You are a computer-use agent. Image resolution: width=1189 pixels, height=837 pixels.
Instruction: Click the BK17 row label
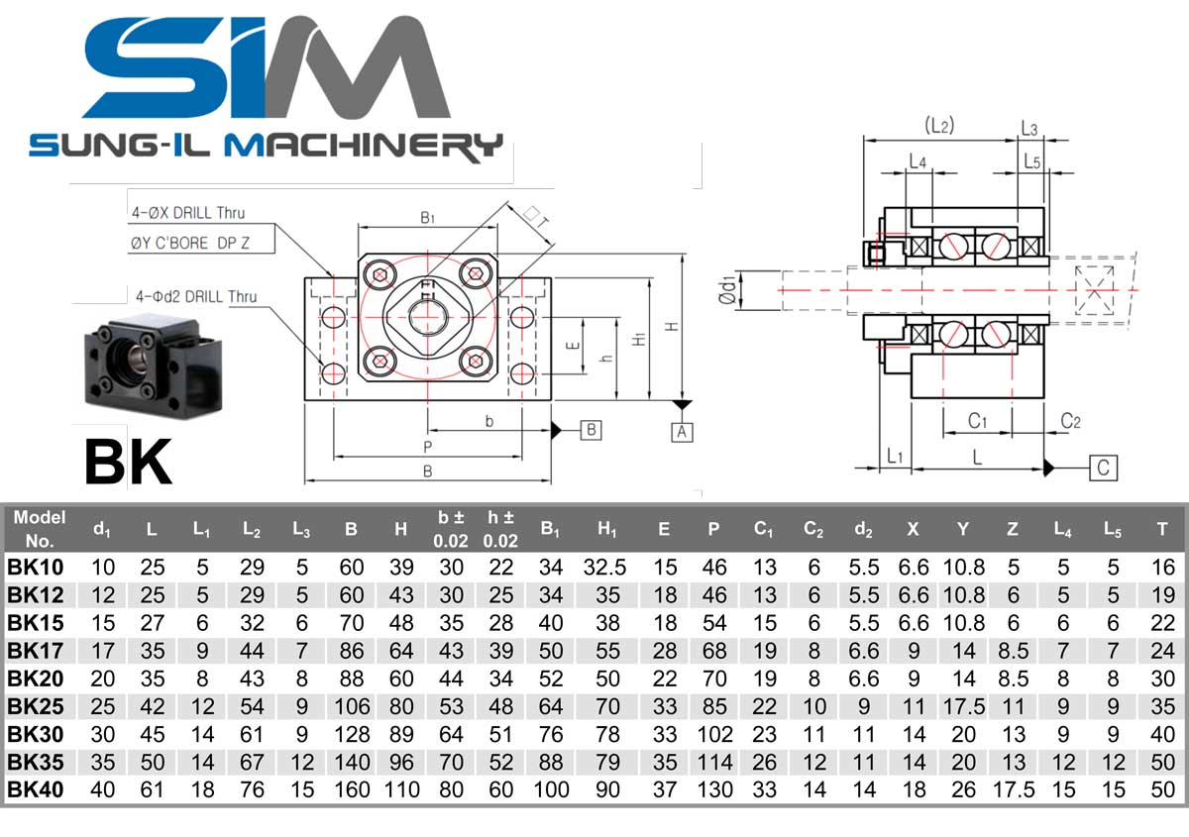(35, 651)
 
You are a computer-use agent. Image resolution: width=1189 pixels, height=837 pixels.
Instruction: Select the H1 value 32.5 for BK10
(604, 568)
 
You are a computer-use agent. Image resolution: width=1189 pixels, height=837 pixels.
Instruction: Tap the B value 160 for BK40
(352, 789)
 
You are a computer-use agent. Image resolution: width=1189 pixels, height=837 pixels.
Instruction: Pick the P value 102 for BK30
(714, 735)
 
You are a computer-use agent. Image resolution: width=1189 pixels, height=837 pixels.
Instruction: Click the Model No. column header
(40, 529)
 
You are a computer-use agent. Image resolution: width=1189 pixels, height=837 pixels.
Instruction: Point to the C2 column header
(813, 529)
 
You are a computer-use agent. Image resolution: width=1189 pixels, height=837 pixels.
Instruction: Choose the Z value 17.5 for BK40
(1014, 789)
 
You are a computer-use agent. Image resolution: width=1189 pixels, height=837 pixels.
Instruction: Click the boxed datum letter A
(682, 432)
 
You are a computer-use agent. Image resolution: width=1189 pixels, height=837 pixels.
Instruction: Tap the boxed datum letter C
(1103, 469)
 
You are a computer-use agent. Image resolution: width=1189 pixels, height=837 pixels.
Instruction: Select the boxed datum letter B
(591, 430)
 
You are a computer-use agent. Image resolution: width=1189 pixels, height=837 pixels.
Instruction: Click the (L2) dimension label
(939, 126)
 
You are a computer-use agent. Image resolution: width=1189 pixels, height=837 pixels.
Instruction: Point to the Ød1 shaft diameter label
(727, 290)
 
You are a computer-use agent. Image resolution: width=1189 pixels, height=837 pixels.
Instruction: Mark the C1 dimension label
(977, 421)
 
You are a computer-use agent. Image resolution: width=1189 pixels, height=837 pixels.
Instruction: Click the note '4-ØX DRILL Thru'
(188, 213)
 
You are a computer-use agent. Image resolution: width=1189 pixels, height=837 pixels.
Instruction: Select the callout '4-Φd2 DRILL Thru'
(196, 296)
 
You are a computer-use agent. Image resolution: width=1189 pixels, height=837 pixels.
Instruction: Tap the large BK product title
(129, 462)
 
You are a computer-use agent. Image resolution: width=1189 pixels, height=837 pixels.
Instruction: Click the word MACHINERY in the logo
(364, 146)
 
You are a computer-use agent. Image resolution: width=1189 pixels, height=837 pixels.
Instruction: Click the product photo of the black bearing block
(153, 366)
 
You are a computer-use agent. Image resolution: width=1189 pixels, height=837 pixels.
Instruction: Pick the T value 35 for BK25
(1162, 706)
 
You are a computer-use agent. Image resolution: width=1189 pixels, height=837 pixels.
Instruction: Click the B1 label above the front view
(428, 218)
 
